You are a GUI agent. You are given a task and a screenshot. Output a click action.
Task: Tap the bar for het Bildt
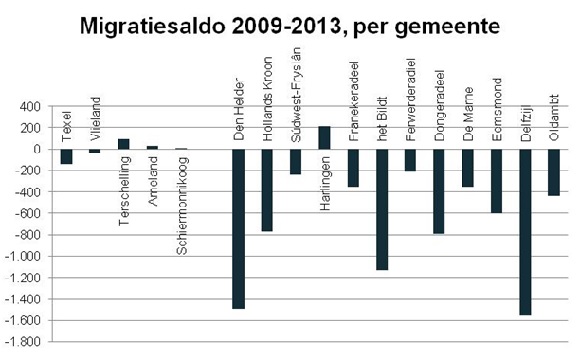pos(381,209)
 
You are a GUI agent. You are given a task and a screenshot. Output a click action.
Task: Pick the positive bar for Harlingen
pos(324,138)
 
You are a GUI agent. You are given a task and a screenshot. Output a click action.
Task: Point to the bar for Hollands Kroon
pos(267,190)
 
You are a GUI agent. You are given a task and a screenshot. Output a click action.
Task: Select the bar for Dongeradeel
pos(439,191)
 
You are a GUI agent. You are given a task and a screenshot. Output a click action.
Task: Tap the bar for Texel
pos(66,156)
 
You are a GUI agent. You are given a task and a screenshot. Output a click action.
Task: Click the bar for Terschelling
pos(124,144)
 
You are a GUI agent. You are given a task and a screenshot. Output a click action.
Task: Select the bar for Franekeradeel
pos(353,168)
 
